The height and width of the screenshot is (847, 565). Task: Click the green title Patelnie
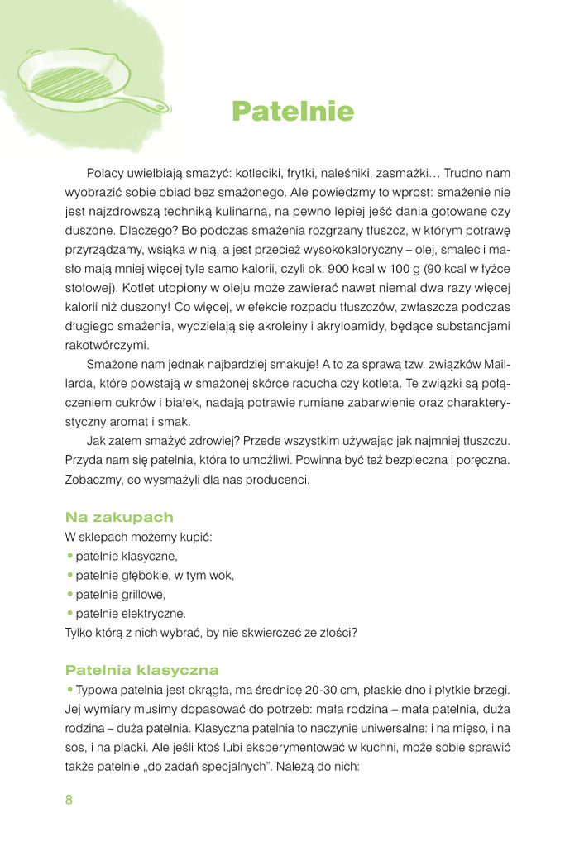click(x=293, y=112)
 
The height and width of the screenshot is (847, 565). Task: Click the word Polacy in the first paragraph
click(x=104, y=174)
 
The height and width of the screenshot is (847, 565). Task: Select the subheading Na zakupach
click(x=119, y=518)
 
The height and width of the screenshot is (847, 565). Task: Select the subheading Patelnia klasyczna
click(x=141, y=670)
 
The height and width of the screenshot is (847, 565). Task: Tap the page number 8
click(x=69, y=800)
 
